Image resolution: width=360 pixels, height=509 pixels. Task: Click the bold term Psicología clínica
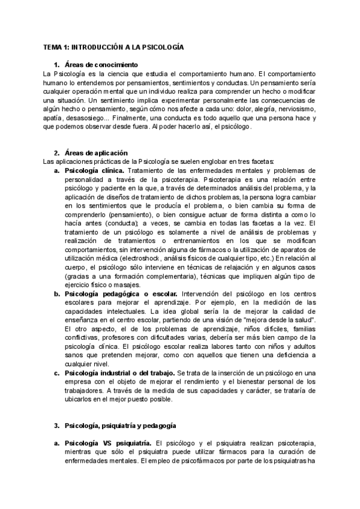point(91,171)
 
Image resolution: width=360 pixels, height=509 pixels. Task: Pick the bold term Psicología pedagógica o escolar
point(121,294)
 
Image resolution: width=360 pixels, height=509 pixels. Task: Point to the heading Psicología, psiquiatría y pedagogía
point(120,425)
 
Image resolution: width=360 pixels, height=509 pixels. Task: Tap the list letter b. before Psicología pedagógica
point(56,294)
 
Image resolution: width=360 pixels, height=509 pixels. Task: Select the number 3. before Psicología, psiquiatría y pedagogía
point(56,425)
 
